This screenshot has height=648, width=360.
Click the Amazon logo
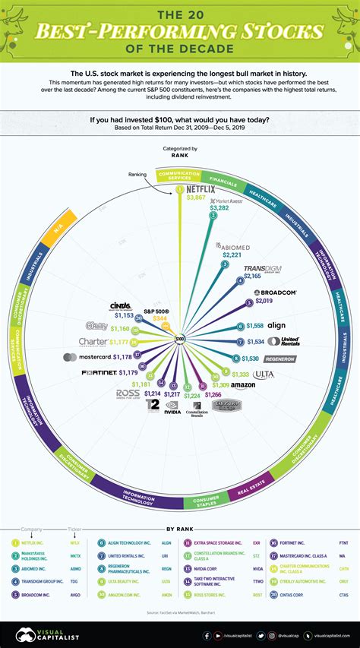pyautogui.click(x=247, y=386)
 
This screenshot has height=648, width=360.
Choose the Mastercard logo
pyautogui.click(x=87, y=356)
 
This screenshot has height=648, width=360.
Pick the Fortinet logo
pyautogui.click(x=100, y=373)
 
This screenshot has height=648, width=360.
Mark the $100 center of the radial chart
pyautogui.click(x=179, y=338)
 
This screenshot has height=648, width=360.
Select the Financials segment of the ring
pyautogui.click(x=223, y=180)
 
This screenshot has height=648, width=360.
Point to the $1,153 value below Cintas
pyautogui.click(x=125, y=315)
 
